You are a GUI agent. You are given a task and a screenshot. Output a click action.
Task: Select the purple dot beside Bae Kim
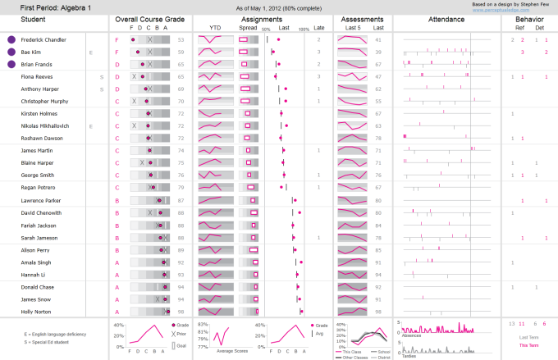(11, 52)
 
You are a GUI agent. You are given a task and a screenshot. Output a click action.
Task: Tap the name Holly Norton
(36, 312)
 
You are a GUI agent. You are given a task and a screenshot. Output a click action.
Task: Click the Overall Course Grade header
(149, 17)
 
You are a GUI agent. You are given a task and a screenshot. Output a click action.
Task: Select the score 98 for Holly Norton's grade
(181, 312)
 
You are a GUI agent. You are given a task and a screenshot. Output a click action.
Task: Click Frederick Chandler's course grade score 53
(181, 39)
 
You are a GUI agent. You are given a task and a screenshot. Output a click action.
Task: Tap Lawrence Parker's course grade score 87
(181, 201)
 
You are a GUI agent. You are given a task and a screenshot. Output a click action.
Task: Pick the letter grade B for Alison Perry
(117, 250)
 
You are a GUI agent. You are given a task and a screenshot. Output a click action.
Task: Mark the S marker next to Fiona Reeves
(101, 77)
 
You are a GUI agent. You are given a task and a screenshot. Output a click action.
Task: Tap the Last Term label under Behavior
(529, 337)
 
